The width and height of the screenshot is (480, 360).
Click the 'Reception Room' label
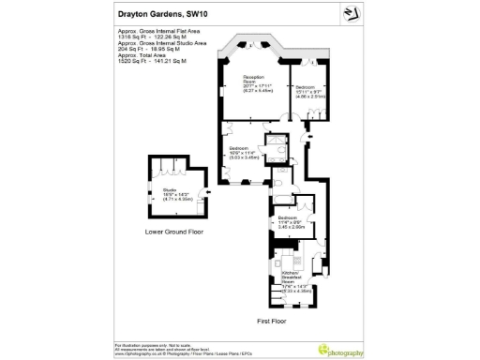coord(254,83)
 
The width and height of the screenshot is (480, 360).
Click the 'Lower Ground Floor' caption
coord(175,232)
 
